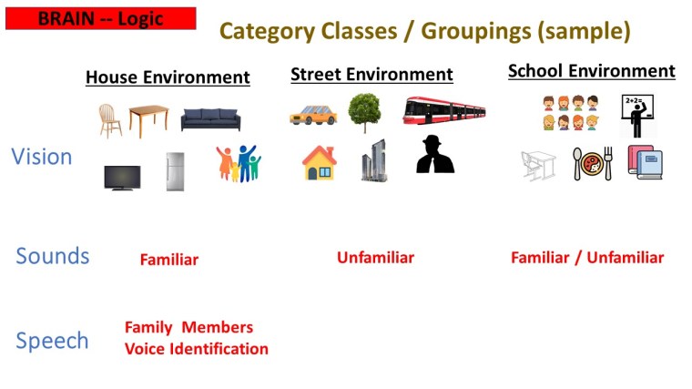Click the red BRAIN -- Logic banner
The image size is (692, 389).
click(100, 18)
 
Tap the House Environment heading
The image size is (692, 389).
click(168, 77)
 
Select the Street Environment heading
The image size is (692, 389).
click(371, 75)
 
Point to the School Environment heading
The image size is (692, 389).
click(591, 71)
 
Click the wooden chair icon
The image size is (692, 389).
click(110, 119)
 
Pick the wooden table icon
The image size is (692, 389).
click(148, 119)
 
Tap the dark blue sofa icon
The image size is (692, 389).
click(209, 119)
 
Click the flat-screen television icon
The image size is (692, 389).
click(122, 177)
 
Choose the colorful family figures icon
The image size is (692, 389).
click(238, 164)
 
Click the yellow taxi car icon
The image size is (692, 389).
click(313, 116)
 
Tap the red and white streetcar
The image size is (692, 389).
click(443, 111)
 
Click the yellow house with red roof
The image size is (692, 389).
click(320, 163)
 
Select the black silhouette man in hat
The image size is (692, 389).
click(434, 156)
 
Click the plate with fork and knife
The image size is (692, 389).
click(593, 163)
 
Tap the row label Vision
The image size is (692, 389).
click(42, 157)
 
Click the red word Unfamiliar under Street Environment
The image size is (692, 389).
click(375, 258)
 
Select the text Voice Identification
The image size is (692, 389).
click(197, 349)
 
